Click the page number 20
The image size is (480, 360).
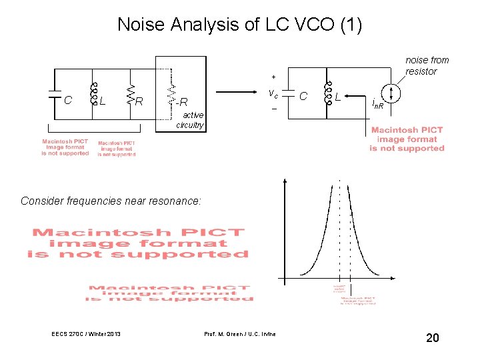point(433,339)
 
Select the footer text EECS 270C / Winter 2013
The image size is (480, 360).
point(85,333)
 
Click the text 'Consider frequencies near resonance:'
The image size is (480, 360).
point(111,201)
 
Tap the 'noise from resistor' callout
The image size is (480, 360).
point(427,65)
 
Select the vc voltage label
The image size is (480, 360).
point(273,93)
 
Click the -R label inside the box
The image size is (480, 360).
point(182,101)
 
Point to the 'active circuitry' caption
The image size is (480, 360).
point(190,120)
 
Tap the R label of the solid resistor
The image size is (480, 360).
point(139,101)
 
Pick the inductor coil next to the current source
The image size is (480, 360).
point(327,94)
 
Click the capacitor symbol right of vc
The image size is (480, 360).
point(288,94)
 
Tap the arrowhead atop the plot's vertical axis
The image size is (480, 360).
point(285,181)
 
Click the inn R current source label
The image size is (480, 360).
point(378,104)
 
